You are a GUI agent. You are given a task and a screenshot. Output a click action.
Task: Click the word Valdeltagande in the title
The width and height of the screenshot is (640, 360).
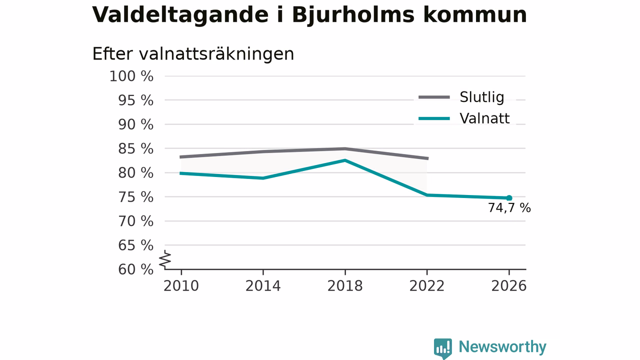(x=180, y=15)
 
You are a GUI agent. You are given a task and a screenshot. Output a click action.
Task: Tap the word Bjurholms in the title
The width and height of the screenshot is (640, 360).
(x=353, y=15)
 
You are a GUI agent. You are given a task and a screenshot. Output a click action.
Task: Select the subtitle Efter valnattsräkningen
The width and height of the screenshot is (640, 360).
(x=193, y=54)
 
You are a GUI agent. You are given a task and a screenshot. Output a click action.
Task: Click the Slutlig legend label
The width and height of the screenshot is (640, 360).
(x=481, y=97)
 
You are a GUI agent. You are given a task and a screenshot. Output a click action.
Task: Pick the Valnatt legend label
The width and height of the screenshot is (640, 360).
(x=484, y=118)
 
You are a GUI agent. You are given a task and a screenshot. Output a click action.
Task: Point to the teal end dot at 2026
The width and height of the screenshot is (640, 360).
(x=509, y=198)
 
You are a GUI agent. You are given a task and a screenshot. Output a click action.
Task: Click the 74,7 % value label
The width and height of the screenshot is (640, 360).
(x=509, y=208)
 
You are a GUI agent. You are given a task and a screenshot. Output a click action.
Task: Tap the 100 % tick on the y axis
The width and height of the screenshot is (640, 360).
(x=131, y=76)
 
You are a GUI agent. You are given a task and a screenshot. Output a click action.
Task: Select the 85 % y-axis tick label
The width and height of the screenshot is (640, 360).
(x=135, y=149)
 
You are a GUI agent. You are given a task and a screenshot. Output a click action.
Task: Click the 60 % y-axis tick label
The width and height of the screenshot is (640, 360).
(x=135, y=269)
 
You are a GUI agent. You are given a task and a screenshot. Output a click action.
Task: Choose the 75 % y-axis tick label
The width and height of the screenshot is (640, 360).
(x=135, y=197)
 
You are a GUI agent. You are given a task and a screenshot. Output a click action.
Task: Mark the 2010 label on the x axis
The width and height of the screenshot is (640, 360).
(x=181, y=286)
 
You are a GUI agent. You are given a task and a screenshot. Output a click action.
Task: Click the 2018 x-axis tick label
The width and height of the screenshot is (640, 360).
(x=345, y=286)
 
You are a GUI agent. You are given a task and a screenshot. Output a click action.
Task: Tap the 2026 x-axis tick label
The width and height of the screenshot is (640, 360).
(x=508, y=286)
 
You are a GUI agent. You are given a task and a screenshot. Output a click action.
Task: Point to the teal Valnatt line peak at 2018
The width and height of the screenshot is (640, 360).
(x=345, y=160)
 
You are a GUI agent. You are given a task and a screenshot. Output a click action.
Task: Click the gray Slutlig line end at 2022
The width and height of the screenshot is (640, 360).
(x=427, y=158)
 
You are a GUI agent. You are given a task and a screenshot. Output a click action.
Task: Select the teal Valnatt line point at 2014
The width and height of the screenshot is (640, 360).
(x=263, y=178)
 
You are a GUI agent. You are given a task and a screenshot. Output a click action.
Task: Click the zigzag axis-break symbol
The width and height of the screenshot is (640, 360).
(x=165, y=259)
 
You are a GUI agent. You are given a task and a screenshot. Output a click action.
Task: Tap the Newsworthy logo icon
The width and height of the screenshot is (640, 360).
(x=443, y=348)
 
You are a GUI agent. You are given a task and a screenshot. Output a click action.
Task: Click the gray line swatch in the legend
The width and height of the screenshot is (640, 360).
(x=434, y=97)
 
